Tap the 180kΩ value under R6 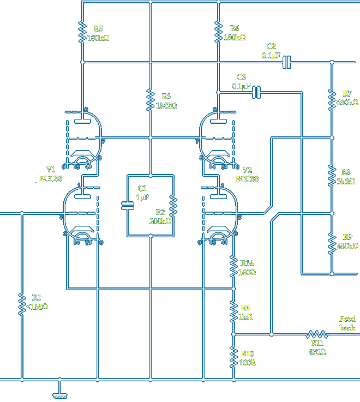235,38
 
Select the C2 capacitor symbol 287,63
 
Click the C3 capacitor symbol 257,93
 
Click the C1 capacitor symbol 128,206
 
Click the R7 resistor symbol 331,98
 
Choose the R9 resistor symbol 331,243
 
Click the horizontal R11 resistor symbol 317,334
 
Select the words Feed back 347,323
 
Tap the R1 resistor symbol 22,302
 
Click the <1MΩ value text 37,307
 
